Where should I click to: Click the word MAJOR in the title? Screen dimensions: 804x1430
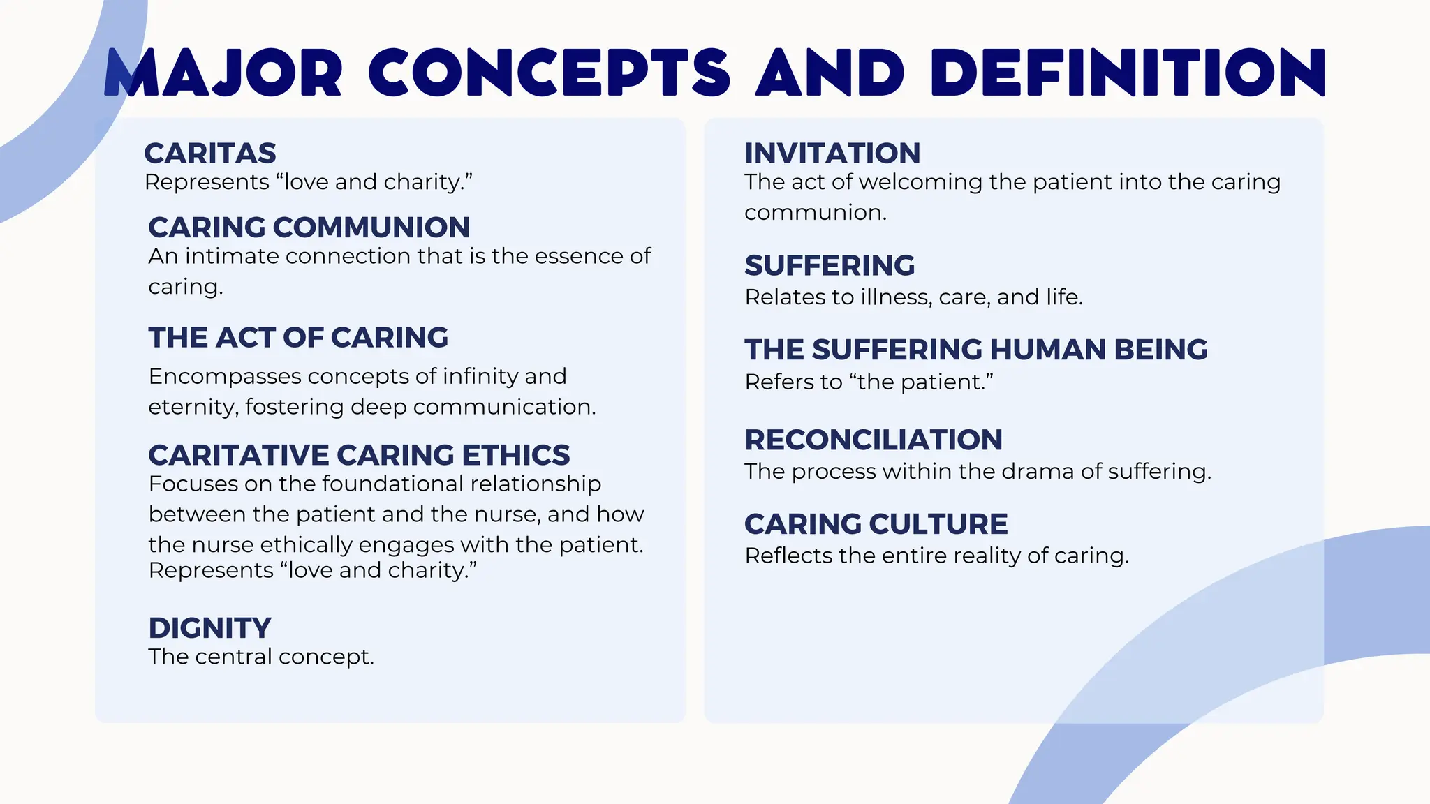coord(223,73)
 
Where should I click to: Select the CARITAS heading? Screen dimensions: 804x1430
coord(210,153)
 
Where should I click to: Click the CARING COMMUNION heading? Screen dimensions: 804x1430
coord(309,228)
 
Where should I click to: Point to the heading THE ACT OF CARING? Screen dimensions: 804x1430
coord(298,338)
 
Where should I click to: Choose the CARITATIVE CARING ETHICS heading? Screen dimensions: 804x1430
coord(359,455)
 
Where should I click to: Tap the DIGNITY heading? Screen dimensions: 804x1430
coord(209,628)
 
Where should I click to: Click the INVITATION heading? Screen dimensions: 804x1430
coord(832,153)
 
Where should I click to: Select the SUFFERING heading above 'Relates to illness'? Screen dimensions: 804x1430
coord(830,266)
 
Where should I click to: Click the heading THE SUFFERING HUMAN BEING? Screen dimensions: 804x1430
coord(975,350)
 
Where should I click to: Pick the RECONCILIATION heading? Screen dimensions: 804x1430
coord(874,440)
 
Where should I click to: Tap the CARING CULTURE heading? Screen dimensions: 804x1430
coord(876,524)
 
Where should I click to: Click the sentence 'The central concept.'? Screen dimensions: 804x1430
coord(261,657)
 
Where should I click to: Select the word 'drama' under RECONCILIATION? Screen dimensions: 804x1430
coord(1038,472)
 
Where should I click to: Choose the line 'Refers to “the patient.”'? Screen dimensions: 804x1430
coord(869,382)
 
